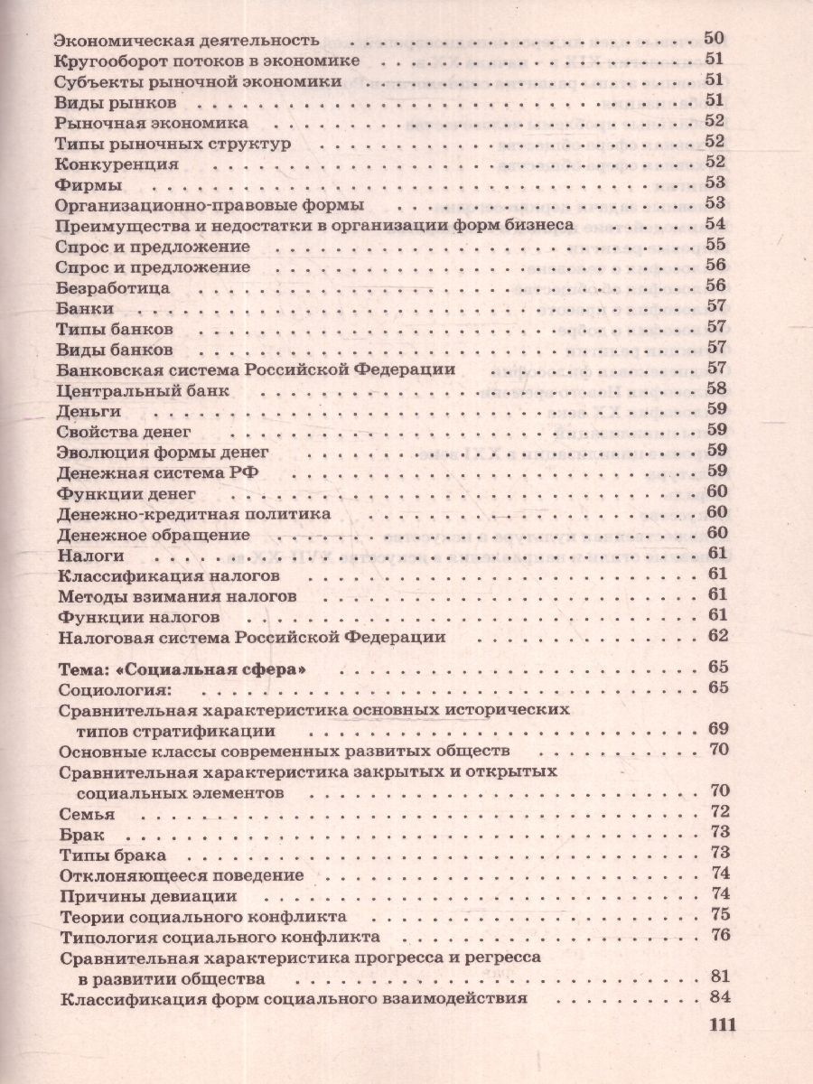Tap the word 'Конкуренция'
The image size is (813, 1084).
tap(117, 164)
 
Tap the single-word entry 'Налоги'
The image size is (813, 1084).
tap(89, 554)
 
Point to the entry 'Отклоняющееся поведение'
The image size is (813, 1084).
tap(181, 874)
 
